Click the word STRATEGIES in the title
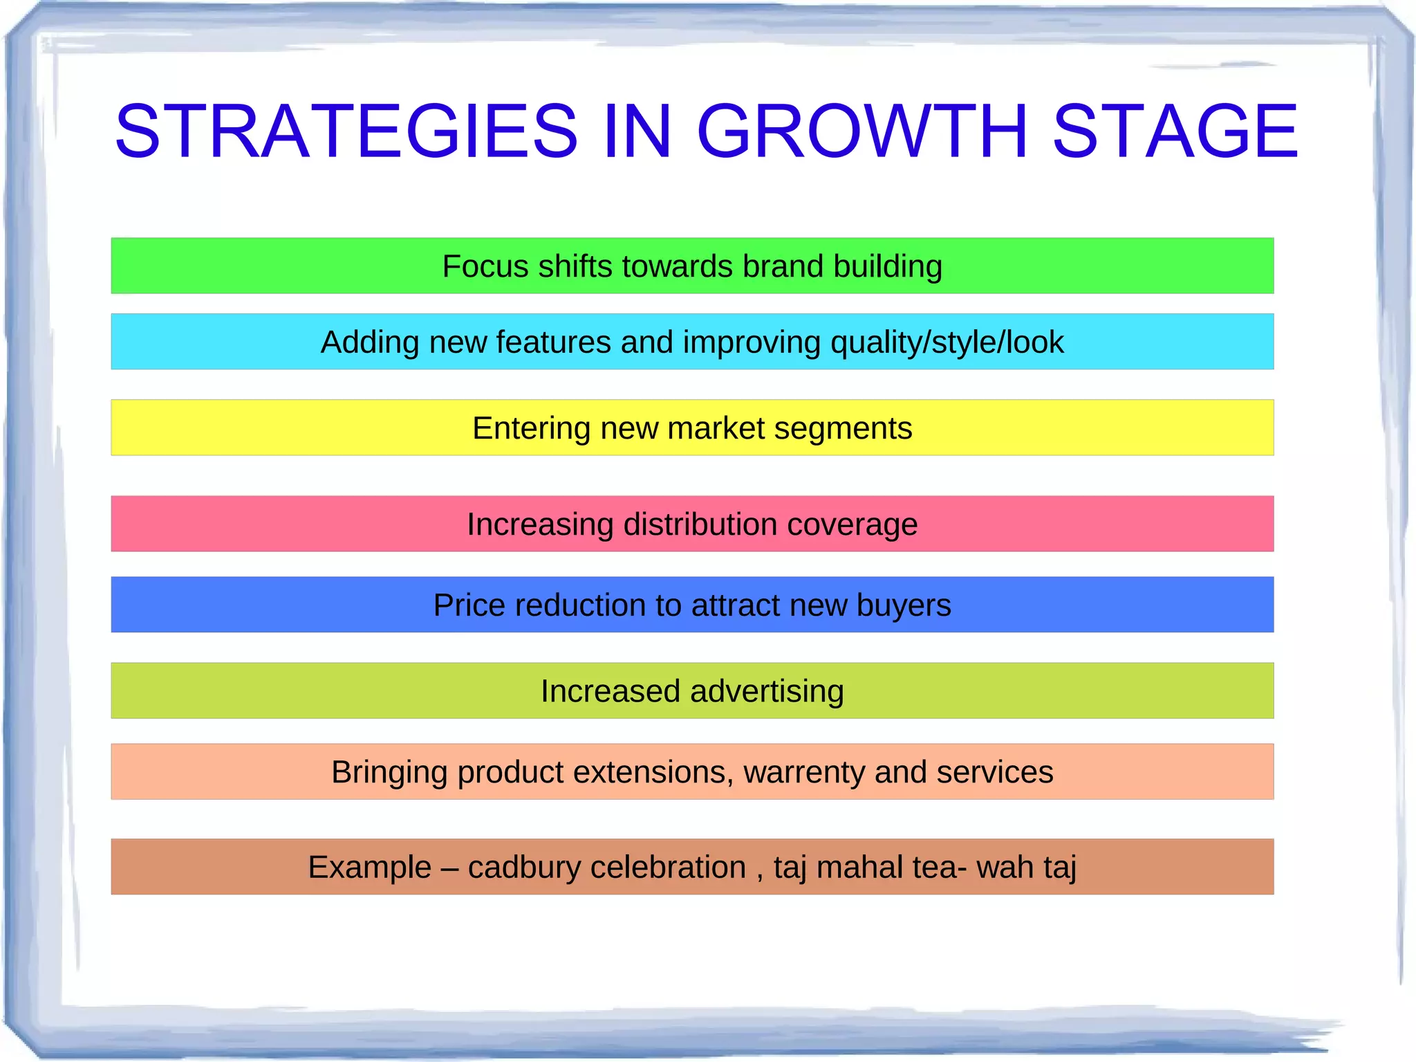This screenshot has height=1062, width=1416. coord(346,131)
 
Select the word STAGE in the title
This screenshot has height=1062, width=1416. coord(1175,131)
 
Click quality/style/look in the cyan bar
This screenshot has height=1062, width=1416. coord(947,342)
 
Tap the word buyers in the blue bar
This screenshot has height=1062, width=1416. coord(904,605)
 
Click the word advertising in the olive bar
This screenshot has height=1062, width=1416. coord(767,691)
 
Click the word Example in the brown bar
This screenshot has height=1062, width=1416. coord(369,868)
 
